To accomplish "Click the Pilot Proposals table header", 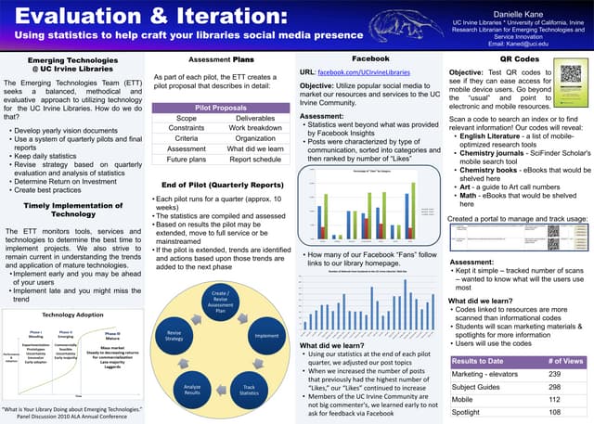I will click(222, 108).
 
